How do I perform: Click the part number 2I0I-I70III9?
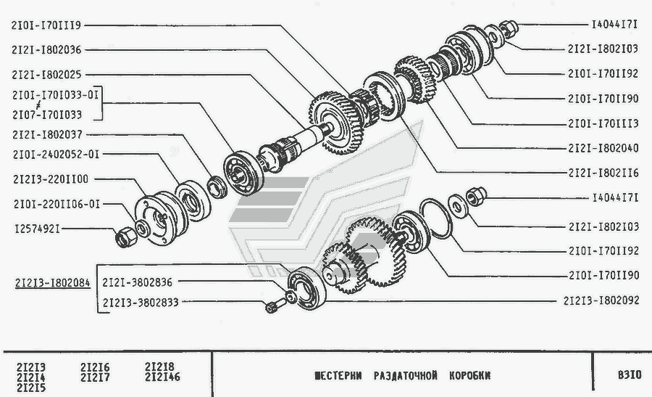point(46,25)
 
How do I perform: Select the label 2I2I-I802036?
point(46,50)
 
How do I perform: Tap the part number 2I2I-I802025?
point(46,75)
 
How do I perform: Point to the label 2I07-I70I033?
point(47,115)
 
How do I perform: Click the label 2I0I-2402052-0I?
point(56,155)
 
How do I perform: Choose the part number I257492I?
point(37,229)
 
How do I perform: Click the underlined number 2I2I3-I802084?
point(52,283)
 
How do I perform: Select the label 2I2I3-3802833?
point(141,302)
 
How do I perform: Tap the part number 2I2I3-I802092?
point(601,300)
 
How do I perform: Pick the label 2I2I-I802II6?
point(603,173)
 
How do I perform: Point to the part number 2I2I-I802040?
point(603,148)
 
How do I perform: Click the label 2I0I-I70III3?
point(603,123)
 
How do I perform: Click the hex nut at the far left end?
point(125,237)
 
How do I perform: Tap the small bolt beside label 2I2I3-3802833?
point(274,306)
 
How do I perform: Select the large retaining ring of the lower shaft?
point(435,218)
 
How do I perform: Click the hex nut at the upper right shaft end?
point(508,28)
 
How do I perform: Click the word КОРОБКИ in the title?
point(469,376)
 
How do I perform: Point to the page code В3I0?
point(630,375)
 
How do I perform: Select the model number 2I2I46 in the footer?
point(162,377)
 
